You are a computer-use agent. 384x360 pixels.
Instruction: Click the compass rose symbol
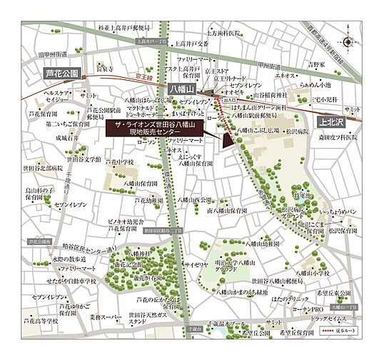(x=348, y=42)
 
